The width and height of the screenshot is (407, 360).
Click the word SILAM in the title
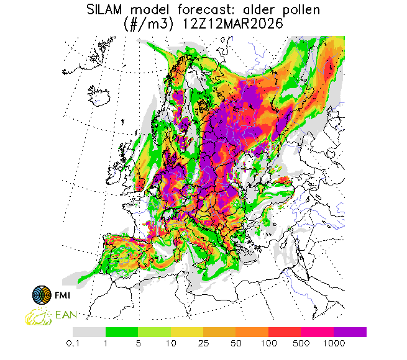108,9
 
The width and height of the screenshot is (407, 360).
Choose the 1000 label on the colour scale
334,343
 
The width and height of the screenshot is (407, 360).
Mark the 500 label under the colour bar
301,343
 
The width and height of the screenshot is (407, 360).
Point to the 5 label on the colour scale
139,343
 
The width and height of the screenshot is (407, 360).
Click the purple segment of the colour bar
350,332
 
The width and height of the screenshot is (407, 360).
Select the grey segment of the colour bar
89,332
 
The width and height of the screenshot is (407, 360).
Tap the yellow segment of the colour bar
187,332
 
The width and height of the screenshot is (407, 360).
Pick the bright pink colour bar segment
318,332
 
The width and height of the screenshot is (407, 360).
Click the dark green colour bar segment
122,332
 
